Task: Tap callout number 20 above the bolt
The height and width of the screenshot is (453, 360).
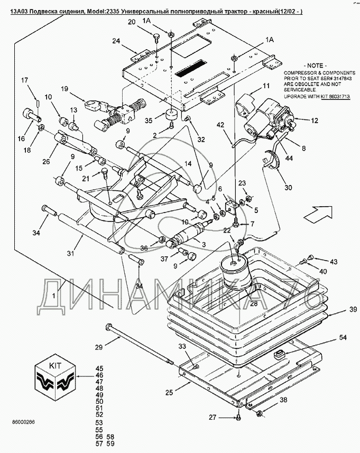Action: [132, 22]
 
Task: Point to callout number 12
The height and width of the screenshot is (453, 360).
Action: [314, 121]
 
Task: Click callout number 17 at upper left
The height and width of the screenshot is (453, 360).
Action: [24, 80]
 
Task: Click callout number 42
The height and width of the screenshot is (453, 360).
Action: [221, 125]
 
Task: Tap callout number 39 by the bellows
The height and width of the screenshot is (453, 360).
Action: [338, 310]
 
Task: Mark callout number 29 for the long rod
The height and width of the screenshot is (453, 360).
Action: [98, 347]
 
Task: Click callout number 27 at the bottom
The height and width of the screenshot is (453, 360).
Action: [213, 418]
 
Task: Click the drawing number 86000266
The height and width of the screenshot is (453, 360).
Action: [23, 423]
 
